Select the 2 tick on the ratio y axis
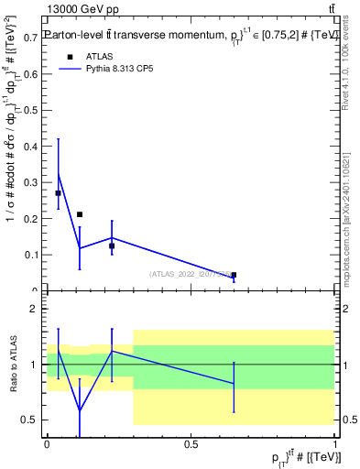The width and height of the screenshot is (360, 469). [38, 310]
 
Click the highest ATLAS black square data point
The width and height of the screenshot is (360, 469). [59, 193]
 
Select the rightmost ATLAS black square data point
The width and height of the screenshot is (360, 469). [234, 275]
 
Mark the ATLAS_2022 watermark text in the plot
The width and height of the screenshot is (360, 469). [189, 274]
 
